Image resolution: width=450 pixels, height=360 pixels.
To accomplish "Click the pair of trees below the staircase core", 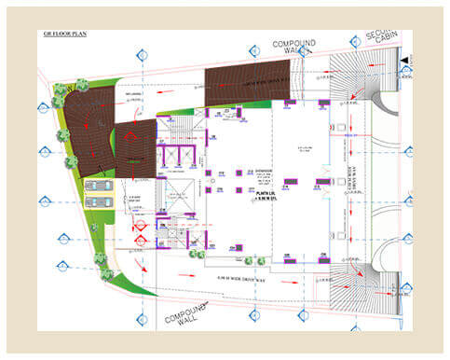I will (194, 253).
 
